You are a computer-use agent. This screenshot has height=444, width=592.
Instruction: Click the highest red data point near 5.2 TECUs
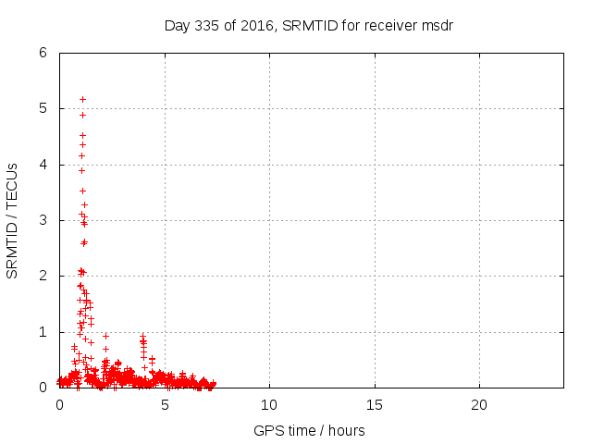82,99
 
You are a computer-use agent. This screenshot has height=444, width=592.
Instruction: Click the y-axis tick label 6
43,53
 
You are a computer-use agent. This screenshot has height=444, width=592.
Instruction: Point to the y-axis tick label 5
43,108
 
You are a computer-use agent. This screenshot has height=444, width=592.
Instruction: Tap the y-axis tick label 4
43,165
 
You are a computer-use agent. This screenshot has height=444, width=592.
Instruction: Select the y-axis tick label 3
43,220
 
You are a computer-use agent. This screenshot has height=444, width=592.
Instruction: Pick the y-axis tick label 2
43,277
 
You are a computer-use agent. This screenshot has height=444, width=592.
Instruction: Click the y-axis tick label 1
43,332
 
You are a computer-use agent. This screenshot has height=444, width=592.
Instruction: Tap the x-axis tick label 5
165,405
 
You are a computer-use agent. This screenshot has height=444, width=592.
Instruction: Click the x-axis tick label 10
269,405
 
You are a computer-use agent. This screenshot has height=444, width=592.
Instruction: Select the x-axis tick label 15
375,405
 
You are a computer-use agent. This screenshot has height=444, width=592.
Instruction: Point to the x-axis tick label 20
479,405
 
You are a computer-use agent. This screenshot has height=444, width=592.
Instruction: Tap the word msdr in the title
436,25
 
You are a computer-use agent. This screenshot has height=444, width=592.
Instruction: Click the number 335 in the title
206,25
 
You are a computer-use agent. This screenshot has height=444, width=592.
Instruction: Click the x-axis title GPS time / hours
309,430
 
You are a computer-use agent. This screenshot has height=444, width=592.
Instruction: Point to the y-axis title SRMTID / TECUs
13,220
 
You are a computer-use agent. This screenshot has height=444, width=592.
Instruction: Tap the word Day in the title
177,25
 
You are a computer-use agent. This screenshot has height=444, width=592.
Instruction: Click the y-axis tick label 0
43,388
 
